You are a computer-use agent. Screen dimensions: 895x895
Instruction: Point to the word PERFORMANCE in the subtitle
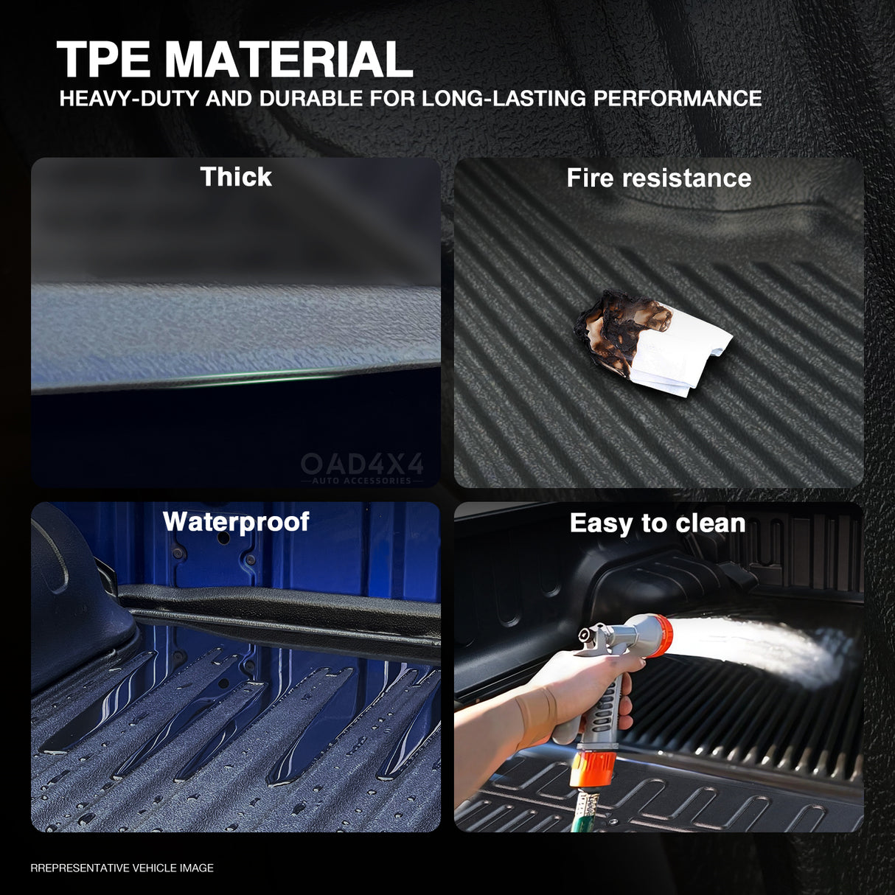[x=678, y=98]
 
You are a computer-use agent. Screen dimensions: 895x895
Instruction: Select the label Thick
[x=236, y=177]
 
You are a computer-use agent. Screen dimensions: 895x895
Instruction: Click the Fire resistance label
[x=658, y=178]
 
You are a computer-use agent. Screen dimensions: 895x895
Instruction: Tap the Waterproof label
[x=236, y=521]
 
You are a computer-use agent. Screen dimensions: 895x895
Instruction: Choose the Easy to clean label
[x=658, y=523]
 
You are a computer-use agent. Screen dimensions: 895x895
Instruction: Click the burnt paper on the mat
[x=652, y=343]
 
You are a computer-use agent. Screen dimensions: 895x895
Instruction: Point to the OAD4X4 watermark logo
[x=362, y=467]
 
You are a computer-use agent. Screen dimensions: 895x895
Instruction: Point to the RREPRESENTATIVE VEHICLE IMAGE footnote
[x=122, y=868]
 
